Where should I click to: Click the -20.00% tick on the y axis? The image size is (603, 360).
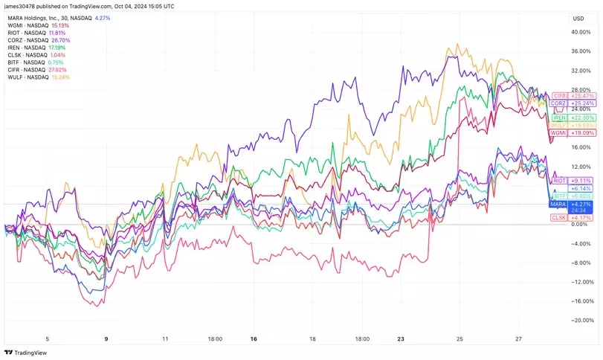coord(582,320)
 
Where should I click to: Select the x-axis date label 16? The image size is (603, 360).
coord(254,338)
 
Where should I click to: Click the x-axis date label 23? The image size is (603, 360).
coord(402,338)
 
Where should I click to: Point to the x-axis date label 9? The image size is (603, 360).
coord(106,338)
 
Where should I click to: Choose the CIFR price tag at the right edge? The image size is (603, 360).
coord(560,97)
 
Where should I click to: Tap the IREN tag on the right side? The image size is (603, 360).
coord(560,118)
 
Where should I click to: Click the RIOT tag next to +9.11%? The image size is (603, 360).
coord(560,181)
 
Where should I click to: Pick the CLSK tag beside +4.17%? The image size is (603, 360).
coord(559,217)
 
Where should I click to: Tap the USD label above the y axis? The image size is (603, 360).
coord(578,18)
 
